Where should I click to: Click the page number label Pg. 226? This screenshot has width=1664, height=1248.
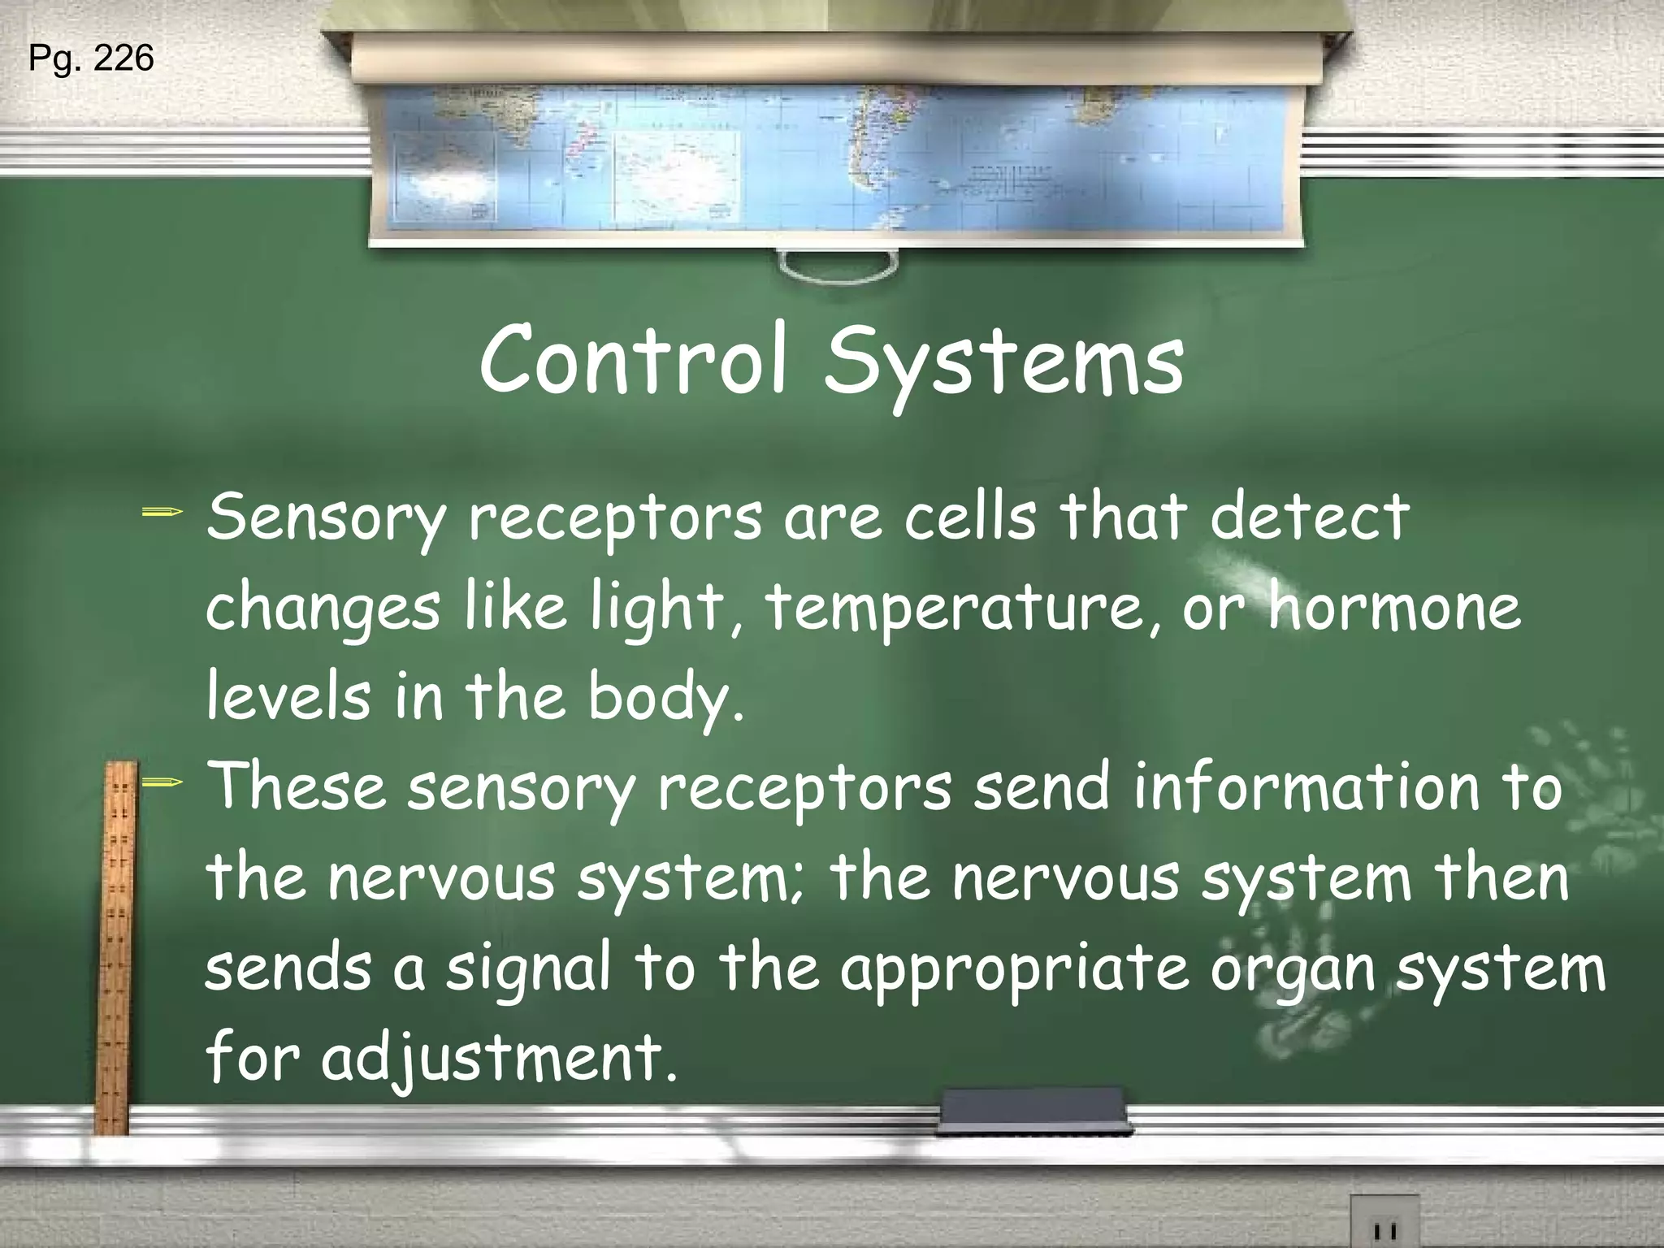point(91,58)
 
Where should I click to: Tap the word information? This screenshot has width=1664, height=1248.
point(1307,788)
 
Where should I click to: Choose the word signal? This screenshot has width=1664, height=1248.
point(528,972)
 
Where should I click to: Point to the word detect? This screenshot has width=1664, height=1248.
point(1309,517)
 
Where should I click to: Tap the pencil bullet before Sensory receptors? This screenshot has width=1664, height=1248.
point(162,513)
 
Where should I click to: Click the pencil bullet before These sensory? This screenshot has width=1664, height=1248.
point(162,783)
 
